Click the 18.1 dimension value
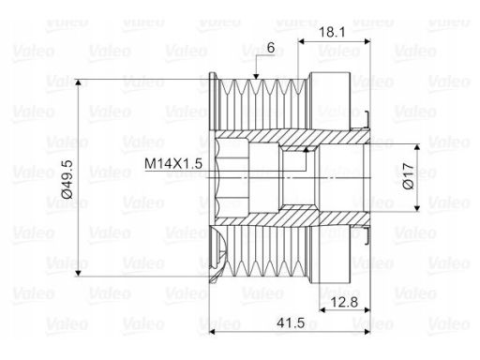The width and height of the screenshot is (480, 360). click(x=332, y=32)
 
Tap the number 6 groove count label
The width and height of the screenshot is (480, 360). click(x=271, y=48)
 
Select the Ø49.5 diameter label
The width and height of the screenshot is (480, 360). click(x=67, y=179)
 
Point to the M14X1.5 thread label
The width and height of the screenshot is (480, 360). click(x=173, y=163)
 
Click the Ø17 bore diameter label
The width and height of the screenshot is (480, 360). click(x=408, y=176)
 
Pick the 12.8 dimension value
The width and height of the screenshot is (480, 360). click(x=344, y=302)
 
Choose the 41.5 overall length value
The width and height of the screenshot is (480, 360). click(x=291, y=322)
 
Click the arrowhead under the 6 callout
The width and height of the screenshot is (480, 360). click(x=256, y=76)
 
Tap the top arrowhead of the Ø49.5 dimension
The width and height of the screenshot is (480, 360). click(x=78, y=82)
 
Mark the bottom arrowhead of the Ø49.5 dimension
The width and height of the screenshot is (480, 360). click(x=78, y=273)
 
